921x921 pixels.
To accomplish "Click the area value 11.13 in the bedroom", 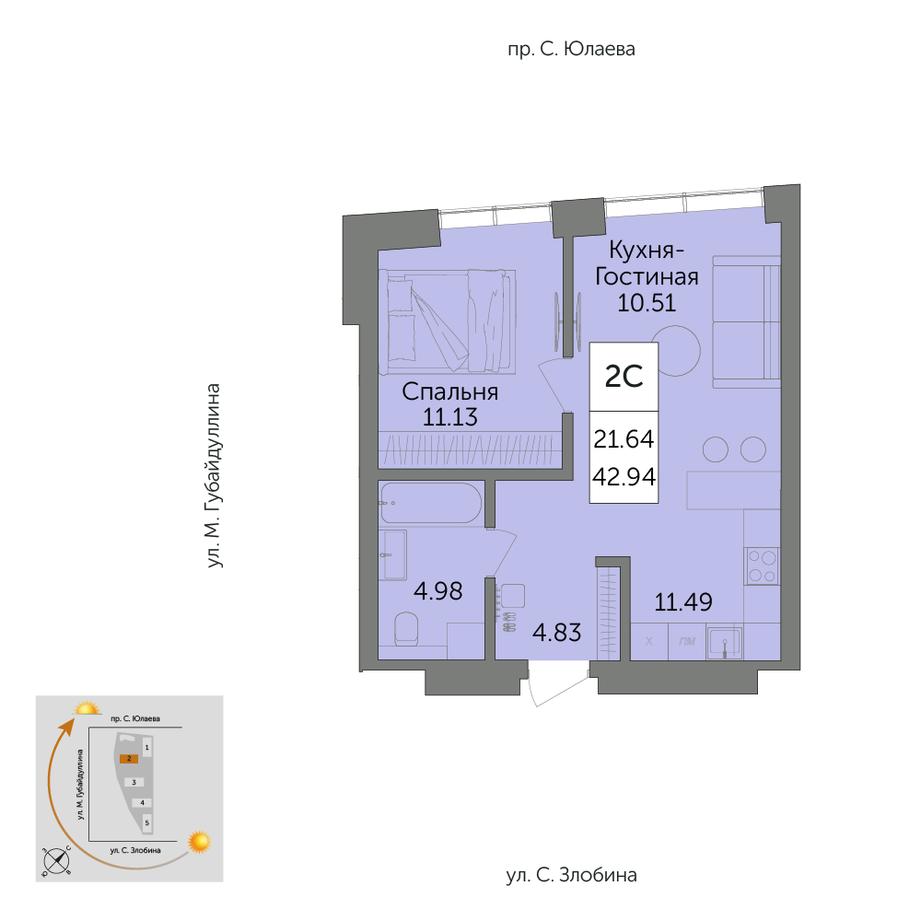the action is [x=450, y=417].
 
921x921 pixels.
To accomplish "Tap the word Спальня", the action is [x=450, y=391].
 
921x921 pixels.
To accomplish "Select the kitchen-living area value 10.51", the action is [x=647, y=302].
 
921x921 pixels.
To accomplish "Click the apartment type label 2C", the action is [x=624, y=377].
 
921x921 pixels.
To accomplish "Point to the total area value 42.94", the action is [x=624, y=476].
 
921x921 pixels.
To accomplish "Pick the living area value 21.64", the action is [x=624, y=438].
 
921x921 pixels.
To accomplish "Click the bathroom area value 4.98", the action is [x=438, y=591].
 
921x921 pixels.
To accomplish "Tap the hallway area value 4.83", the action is [x=557, y=633].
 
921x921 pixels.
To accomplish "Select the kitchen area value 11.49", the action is [x=683, y=602].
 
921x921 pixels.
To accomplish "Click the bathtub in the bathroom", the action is [x=430, y=503].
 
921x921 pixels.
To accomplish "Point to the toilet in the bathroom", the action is [x=405, y=628].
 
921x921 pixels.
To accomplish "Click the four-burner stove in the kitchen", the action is [x=762, y=565].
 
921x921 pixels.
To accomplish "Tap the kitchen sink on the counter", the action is [x=724, y=643].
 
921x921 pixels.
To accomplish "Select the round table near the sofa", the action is [x=675, y=351].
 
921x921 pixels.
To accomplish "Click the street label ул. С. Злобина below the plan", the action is [x=572, y=875].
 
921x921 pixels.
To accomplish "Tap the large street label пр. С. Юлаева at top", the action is [x=572, y=49].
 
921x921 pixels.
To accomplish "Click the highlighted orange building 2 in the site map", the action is [x=129, y=758].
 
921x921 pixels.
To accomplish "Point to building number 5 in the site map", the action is [x=146, y=822].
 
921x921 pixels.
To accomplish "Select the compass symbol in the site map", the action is [x=57, y=862].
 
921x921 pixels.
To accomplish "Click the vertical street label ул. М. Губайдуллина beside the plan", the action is [x=214, y=476].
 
